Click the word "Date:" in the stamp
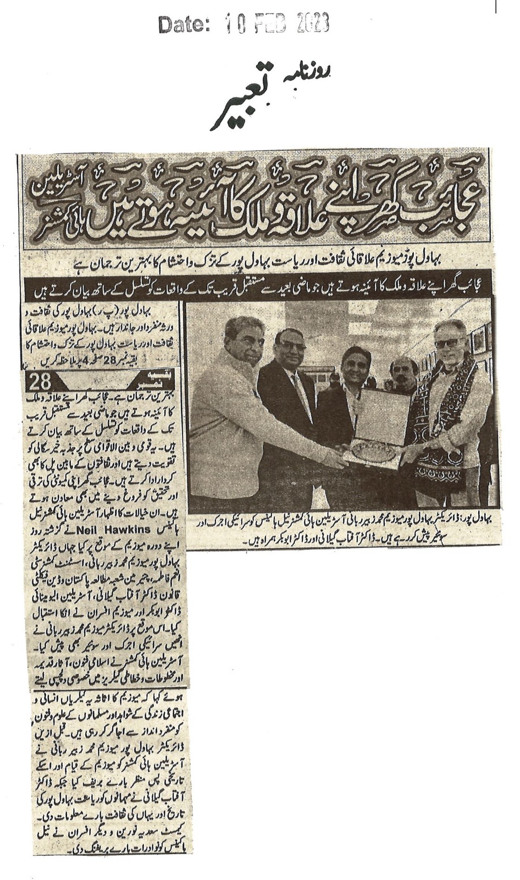point(184,24)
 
